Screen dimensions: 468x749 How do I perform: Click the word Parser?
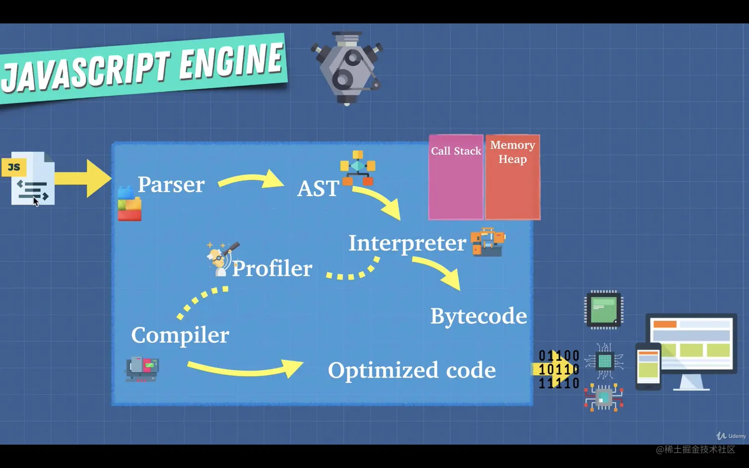(171, 185)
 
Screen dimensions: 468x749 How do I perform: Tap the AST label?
(318, 189)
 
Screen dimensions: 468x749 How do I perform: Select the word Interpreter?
(407, 243)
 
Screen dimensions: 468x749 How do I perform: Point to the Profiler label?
(272, 268)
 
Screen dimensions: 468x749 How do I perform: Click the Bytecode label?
(479, 316)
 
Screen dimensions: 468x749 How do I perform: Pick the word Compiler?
(180, 335)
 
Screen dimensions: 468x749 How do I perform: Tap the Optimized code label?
(412, 370)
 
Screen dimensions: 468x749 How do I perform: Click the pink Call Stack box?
(456, 183)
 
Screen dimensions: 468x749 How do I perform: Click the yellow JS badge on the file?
(14, 167)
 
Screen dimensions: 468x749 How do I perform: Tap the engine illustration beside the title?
(347, 68)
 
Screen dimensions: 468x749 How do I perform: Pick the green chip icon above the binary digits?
(604, 310)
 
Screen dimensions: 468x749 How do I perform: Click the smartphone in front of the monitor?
(648, 366)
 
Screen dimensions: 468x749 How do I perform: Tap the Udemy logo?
(731, 436)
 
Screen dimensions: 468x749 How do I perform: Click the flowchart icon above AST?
(358, 167)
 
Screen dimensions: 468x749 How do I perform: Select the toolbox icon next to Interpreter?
(488, 242)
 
